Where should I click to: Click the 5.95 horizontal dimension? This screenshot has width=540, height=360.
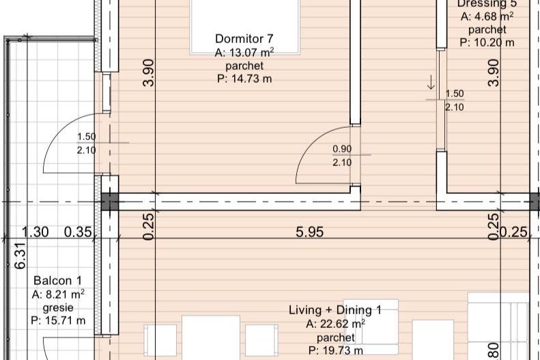309,232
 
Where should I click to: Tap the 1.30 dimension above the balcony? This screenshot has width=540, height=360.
35,232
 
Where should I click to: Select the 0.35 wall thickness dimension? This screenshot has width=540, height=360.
78,232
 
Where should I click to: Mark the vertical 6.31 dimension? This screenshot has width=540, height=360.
21,255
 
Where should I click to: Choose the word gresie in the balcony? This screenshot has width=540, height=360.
57,307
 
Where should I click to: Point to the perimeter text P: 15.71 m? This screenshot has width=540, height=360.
57,320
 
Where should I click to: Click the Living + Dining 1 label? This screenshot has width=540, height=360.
335,311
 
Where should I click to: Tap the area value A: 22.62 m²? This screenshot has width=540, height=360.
335,324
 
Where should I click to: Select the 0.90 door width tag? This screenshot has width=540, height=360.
342,149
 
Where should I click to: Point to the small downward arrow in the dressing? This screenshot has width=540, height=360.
431,84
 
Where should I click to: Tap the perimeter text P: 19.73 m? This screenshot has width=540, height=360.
335,350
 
